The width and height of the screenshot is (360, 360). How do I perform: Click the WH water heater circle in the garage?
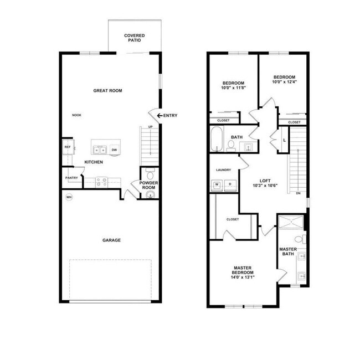click(x=69, y=197)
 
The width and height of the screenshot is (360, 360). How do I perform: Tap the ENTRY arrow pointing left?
click(x=160, y=116)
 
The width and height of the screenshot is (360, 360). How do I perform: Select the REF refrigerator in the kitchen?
click(x=68, y=147)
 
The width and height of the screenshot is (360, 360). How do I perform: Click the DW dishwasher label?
click(x=114, y=150)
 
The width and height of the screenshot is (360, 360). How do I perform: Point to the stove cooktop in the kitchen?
click(x=101, y=182)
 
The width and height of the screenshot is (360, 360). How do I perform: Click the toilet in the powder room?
click(x=150, y=174)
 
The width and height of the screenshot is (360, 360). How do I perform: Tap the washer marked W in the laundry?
click(x=217, y=185)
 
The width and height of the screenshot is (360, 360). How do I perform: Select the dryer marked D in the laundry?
click(x=230, y=185)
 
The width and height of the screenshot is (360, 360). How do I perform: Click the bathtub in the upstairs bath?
click(x=217, y=139)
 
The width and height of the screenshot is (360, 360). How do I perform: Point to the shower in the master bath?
click(x=291, y=222)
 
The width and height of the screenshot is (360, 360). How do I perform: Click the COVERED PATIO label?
click(x=135, y=38)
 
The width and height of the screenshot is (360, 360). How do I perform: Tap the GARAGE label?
click(x=111, y=240)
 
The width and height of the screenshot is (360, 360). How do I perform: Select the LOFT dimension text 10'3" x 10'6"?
click(x=265, y=186)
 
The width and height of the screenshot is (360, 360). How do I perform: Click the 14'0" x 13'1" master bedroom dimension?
click(x=243, y=277)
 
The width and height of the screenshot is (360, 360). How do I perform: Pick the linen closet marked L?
click(x=284, y=140)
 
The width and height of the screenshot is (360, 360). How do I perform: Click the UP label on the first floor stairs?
click(x=151, y=127)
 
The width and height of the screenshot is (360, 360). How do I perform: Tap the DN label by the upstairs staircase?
click(x=298, y=193)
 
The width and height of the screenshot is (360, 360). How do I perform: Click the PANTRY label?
click(x=71, y=178)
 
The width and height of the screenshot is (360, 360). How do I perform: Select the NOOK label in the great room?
click(x=76, y=115)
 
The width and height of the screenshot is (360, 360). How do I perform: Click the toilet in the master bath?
click(x=300, y=239)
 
